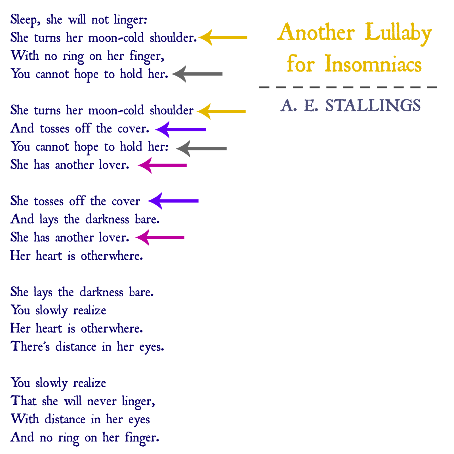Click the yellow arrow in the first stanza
click(x=223, y=37)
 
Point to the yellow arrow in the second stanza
click(x=221, y=112)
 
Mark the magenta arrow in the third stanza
click(x=160, y=237)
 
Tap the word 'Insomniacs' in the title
click(x=373, y=64)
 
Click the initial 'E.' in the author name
click(x=311, y=106)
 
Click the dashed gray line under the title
click(x=348, y=87)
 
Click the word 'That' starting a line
click(x=24, y=401)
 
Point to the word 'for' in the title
click(x=300, y=64)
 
